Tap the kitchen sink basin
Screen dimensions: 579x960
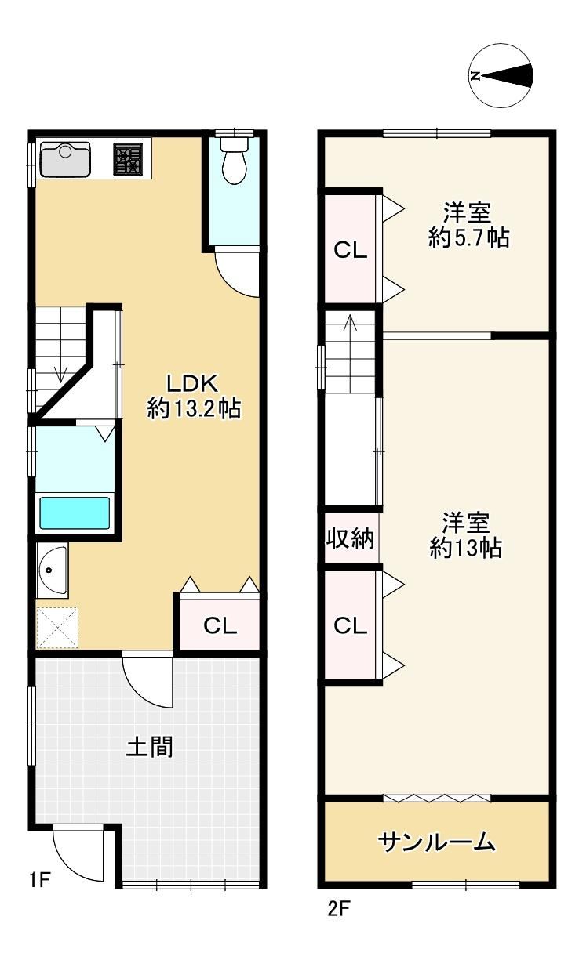click(x=65, y=159)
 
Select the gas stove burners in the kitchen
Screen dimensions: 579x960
click(x=128, y=159)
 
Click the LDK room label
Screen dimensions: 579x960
click(x=194, y=396)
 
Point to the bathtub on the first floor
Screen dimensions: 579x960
click(x=75, y=513)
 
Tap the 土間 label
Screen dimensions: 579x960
click(x=149, y=746)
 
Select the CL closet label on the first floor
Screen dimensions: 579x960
click(x=220, y=625)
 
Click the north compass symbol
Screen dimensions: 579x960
click(x=501, y=75)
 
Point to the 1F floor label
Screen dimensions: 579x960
click(x=39, y=880)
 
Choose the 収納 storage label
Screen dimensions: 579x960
click(x=350, y=538)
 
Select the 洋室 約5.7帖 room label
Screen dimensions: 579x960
click(x=468, y=225)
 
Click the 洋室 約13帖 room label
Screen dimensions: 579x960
click(x=466, y=534)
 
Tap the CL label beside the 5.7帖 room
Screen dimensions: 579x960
click(x=350, y=250)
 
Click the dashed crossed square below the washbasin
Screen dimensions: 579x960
click(x=57, y=628)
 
